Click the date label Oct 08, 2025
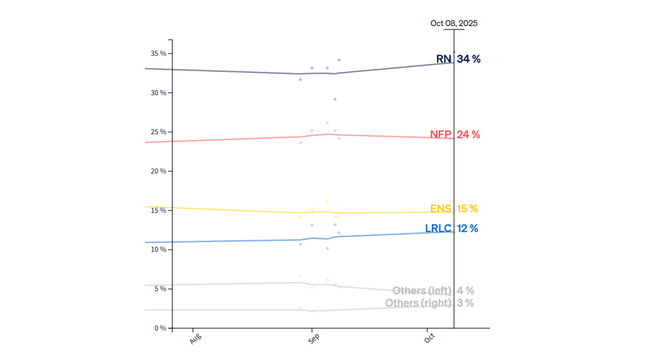pyautogui.click(x=453, y=23)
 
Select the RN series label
pyautogui.click(x=444, y=59)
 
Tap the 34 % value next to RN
pyautogui.click(x=468, y=59)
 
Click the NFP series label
pyautogui.click(x=440, y=134)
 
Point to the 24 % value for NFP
pyautogui.click(x=468, y=134)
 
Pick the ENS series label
pyautogui.click(x=440, y=209)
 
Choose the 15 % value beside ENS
pyautogui.click(x=467, y=209)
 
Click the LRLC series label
pyautogui.click(x=438, y=229)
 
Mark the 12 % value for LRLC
pyautogui.click(x=467, y=229)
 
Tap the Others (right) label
pyautogui.click(x=418, y=303)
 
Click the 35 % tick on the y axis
pyautogui.click(x=158, y=53)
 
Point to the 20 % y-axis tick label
pyautogui.click(x=158, y=171)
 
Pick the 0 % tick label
pyautogui.click(x=160, y=328)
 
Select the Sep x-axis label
pyautogui.click(x=314, y=339)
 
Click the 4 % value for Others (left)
pyautogui.click(x=465, y=291)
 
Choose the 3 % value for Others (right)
pyautogui.click(x=465, y=303)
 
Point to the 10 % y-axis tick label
pyautogui.click(x=158, y=250)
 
